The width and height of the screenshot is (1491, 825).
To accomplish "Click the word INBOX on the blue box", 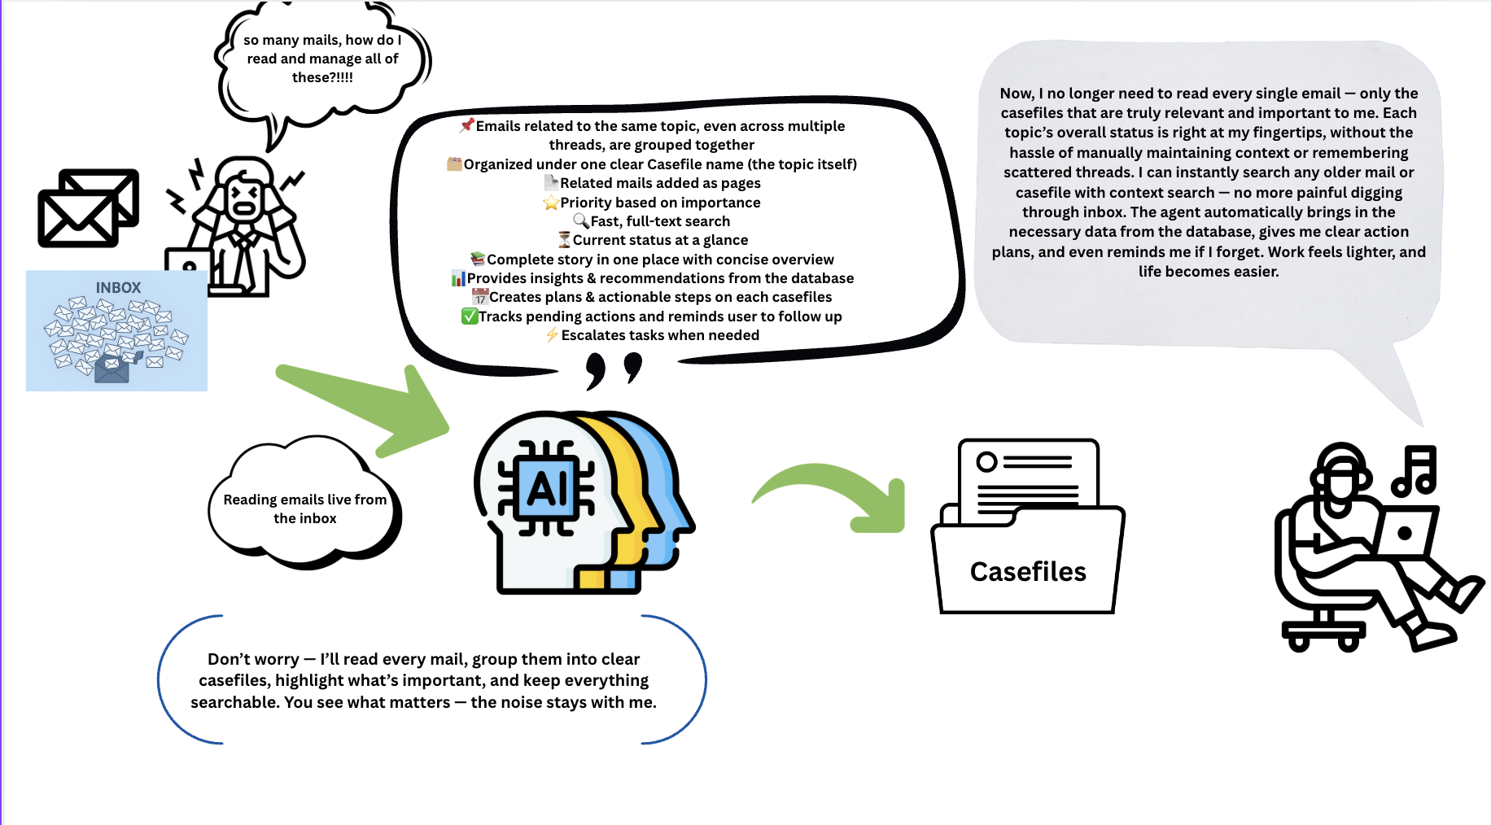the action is tap(118, 288).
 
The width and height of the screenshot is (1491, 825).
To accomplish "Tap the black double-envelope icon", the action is tap(89, 208).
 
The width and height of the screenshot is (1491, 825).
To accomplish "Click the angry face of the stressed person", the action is tap(244, 199).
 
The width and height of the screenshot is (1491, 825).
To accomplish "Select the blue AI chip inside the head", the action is tap(546, 488).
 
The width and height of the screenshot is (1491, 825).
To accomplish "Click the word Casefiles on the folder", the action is tap(1028, 572).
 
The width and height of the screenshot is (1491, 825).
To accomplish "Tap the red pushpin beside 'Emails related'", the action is tap(467, 125).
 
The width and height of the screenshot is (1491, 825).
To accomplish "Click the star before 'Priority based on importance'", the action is tap(551, 203).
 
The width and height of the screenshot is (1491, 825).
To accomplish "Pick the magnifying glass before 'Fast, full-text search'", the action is tap(581, 220).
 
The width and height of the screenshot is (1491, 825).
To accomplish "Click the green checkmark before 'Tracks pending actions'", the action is tap(470, 316).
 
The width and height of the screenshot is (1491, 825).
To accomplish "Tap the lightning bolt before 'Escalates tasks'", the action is tap(553, 334).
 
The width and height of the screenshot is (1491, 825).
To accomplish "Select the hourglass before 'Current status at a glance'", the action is tap(564, 239).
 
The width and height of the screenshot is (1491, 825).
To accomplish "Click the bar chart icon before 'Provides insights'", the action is tap(458, 278).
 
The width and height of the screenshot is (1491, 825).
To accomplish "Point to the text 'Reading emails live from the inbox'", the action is tap(305, 509).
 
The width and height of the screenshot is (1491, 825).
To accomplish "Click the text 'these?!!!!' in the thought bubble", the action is tap(322, 77).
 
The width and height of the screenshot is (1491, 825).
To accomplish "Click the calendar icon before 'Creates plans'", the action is tap(480, 297).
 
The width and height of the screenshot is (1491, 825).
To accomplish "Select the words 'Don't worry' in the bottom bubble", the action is tap(253, 659).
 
